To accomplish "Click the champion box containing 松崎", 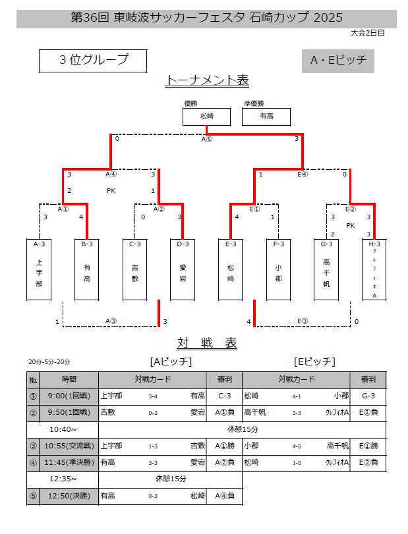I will [x=207, y=117].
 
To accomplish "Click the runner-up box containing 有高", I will [x=266, y=117].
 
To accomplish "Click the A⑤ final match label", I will [x=207, y=139].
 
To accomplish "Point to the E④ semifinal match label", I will [x=303, y=174].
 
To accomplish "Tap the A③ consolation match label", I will [x=111, y=321].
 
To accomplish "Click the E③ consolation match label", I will [x=303, y=321].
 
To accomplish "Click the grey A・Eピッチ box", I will [x=337, y=61].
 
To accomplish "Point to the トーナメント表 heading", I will [x=207, y=80].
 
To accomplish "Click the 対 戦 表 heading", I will [x=207, y=343].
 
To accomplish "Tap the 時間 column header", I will [x=69, y=379].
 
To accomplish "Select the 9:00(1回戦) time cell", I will [x=69, y=396].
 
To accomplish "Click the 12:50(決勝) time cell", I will [x=69, y=496].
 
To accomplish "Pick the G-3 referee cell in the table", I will [x=368, y=396].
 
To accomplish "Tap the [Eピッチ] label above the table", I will [x=314, y=361].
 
